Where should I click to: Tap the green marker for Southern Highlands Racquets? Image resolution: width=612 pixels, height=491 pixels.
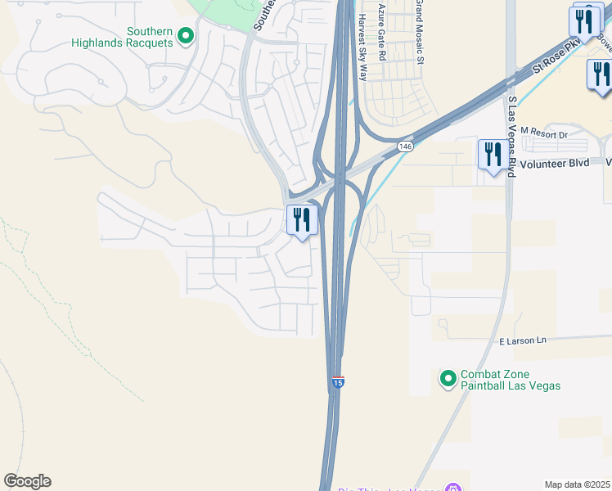(x=186, y=35)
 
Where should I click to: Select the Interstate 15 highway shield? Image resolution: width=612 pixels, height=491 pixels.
(x=337, y=381)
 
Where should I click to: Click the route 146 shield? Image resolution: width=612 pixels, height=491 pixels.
(x=405, y=146)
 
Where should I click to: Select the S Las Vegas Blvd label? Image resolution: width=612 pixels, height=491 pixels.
(x=512, y=136)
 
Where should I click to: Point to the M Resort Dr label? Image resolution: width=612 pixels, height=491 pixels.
(x=543, y=133)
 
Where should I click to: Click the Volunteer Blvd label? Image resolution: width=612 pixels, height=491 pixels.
(x=557, y=163)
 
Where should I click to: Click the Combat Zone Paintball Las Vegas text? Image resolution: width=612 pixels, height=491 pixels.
(x=510, y=379)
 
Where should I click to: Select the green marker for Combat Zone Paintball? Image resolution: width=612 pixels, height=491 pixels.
(x=448, y=378)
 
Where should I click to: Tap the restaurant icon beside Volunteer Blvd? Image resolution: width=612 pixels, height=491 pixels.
(x=492, y=155)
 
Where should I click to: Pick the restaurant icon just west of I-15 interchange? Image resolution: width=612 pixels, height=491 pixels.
(x=302, y=220)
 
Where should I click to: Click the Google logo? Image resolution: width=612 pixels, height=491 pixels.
(x=27, y=481)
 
